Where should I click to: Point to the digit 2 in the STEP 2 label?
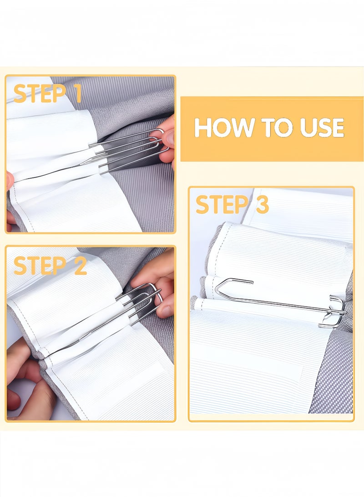pyautogui.click(x=80, y=265)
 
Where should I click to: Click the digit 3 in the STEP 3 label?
pyautogui.click(x=263, y=205)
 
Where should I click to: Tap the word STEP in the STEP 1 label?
pyautogui.click(x=40, y=93)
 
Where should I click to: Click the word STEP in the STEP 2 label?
pyautogui.click(x=40, y=265)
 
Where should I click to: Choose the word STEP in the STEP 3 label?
pyautogui.click(x=222, y=205)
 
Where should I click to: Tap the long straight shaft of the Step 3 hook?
pyautogui.click(x=272, y=302)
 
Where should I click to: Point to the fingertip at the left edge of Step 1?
pyautogui.click(x=10, y=181)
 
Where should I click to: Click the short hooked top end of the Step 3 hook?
pyautogui.click(x=241, y=281)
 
